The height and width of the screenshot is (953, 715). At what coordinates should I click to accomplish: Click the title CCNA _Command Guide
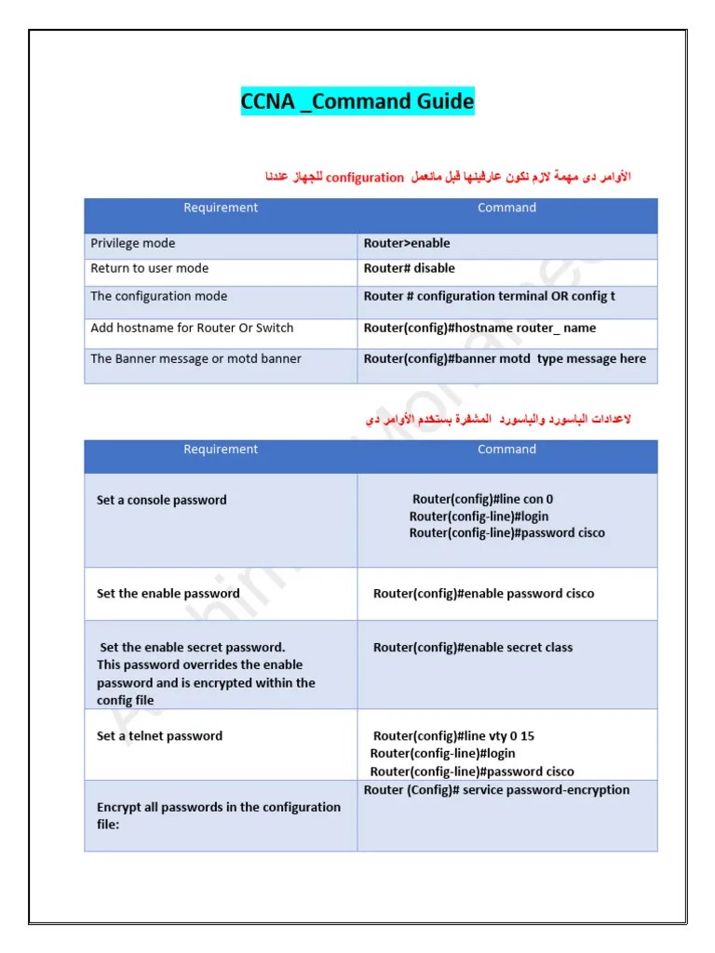coord(357,101)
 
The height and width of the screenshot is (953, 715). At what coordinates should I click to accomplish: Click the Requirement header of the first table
coord(221,208)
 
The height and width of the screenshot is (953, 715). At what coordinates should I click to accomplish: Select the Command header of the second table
coord(506,450)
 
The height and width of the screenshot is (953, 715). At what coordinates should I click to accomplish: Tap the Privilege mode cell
coord(133,244)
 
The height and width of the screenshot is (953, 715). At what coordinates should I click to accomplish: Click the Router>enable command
coord(407,244)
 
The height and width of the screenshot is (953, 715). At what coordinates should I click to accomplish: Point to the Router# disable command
coord(410,268)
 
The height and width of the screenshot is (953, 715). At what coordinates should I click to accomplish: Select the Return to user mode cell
coord(150,268)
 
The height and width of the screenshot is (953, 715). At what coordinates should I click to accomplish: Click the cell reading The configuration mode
coord(159,297)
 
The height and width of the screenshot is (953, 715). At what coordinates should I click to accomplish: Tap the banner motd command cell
coord(505,359)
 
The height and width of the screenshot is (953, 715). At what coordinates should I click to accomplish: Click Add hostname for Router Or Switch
coord(192,329)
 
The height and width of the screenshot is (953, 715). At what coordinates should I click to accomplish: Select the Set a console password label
coord(162,501)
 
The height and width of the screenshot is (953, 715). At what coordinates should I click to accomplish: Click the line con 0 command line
coord(482,500)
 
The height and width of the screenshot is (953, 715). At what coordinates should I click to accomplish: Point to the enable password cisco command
coord(483,594)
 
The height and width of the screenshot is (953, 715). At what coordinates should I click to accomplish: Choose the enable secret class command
coord(473,648)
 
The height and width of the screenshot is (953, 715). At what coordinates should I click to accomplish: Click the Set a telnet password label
coord(160,736)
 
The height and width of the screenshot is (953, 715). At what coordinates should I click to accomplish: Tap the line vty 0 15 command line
coord(453,736)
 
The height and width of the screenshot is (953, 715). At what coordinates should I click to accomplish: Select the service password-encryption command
coord(496,790)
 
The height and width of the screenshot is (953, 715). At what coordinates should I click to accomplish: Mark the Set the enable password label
coord(169,594)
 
